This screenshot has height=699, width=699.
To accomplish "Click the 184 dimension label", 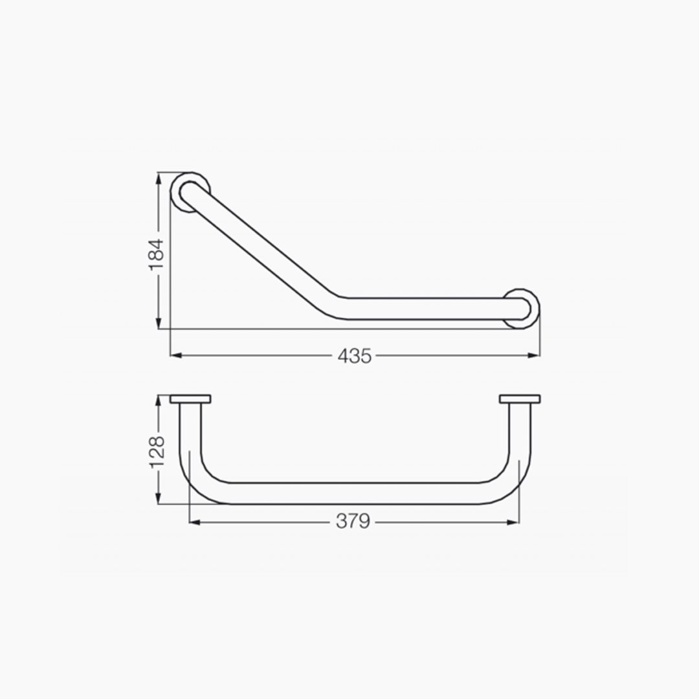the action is coord(157,254).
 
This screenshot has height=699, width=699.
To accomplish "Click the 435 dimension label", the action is coord(355,356).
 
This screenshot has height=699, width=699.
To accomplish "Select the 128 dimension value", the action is coord(157,452).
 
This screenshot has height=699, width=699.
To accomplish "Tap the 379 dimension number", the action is coord(353,520).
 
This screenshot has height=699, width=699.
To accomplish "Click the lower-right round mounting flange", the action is coord(537,309).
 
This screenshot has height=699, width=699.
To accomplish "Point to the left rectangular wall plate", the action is coord(190,399).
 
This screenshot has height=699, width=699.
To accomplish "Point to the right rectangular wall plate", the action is coord(520,399).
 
